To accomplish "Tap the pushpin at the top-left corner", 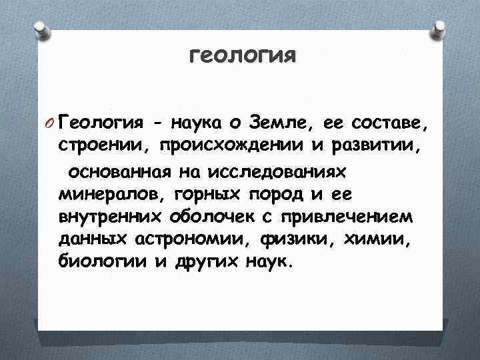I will pyautogui.click(x=41, y=29).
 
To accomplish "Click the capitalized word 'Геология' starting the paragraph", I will pyautogui.click(x=91, y=123).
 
